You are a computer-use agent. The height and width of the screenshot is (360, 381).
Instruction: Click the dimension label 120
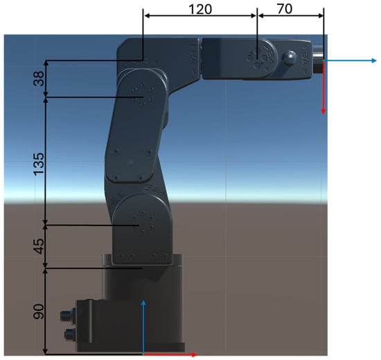200,9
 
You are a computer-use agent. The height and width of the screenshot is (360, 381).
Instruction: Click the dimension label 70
285,9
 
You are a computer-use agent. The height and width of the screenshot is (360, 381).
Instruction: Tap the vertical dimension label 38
39,78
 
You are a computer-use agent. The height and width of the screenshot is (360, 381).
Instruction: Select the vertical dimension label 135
39,164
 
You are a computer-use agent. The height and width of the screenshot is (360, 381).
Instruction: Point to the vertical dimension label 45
39,246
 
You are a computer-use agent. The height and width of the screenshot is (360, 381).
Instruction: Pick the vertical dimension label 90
39,311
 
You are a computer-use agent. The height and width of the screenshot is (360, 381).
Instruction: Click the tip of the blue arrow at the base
143,300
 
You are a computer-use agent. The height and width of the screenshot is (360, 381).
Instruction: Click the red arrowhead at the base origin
194,354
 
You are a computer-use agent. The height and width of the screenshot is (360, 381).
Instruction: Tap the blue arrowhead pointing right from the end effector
374,60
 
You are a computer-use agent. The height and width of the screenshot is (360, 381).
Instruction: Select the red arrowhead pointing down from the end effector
324,112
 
